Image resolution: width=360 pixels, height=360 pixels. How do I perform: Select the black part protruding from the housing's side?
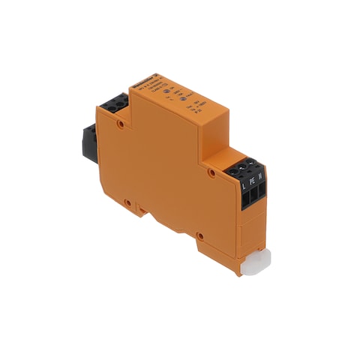(85, 145)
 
